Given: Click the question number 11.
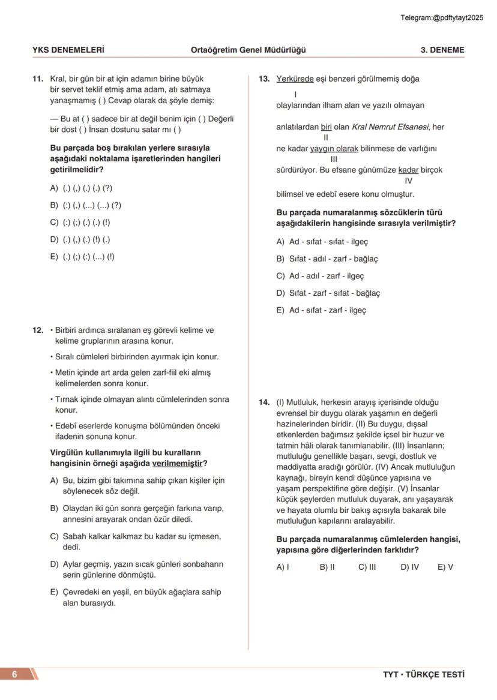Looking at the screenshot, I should tap(38, 79).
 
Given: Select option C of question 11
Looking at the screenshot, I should tap(80, 222).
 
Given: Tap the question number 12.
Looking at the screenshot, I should tap(38, 330).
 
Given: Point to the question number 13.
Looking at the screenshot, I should tap(264, 79).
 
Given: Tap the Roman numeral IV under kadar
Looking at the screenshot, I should tap(409, 181).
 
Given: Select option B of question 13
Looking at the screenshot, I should tap(327, 259).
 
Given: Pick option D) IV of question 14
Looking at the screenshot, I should tap(409, 567).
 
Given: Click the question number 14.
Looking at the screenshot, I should tap(264, 402).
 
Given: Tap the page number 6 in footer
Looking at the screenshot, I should tap(14, 674).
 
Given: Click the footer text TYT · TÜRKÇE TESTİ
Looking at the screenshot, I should tap(423, 674).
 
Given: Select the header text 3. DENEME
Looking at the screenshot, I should tap(442, 50).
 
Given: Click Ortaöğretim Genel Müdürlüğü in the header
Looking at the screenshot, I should tap(248, 50).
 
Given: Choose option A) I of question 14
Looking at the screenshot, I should tap(283, 567).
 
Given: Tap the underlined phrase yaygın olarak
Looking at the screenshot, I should tap(334, 148).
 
